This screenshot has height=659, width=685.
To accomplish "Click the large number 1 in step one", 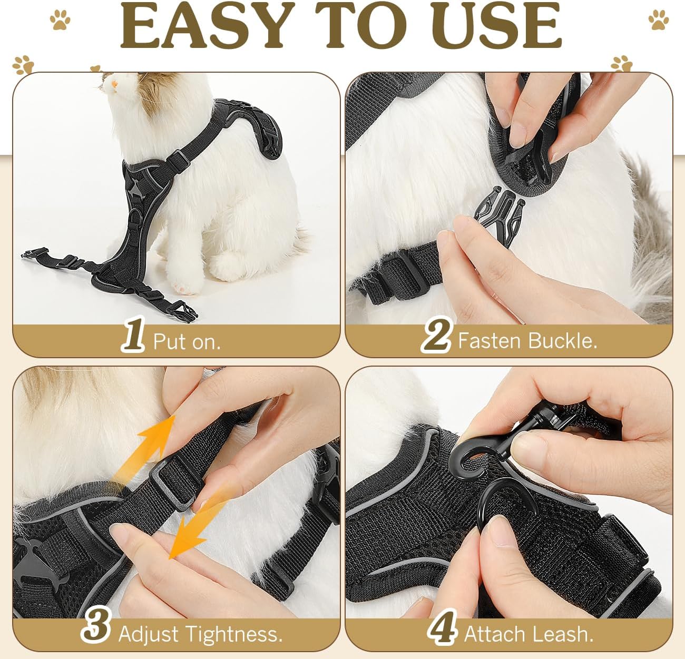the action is (x=133, y=334).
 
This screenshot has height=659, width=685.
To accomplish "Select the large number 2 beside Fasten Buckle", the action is (x=436, y=335).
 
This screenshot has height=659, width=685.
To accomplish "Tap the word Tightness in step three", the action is (x=234, y=634).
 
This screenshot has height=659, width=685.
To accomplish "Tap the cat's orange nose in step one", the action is (x=114, y=84).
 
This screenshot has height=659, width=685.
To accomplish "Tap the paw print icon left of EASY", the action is (x=60, y=19).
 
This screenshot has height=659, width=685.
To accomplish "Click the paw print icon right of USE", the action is (x=658, y=19).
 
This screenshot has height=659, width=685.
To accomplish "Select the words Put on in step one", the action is (x=187, y=341).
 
